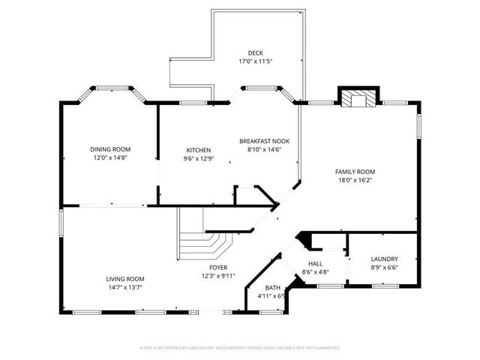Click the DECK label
coord(255,52)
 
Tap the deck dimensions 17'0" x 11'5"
coord(255,61)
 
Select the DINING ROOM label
coord(110,149)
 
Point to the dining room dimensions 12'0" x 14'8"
coord(110,157)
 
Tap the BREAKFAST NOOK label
coord(264,141)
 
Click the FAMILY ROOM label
coord(355,172)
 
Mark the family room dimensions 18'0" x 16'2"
coord(355,180)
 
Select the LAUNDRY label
coord(384,259)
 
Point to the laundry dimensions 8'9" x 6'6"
coord(384,268)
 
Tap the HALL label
coord(315,263)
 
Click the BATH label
coord(274,287)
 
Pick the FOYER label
coord(219,267)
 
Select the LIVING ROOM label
coord(124,279)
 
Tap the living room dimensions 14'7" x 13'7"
coord(124,287)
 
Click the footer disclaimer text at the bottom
coord(240,348)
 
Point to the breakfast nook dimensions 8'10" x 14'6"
coord(264,149)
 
